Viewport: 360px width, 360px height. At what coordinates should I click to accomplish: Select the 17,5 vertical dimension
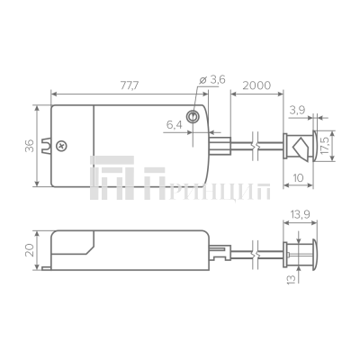[325, 144]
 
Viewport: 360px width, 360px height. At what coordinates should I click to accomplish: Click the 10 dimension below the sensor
[298, 179]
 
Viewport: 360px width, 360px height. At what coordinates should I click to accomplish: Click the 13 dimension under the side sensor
[291, 280]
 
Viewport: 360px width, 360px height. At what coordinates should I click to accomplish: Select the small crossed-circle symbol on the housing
[62, 145]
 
